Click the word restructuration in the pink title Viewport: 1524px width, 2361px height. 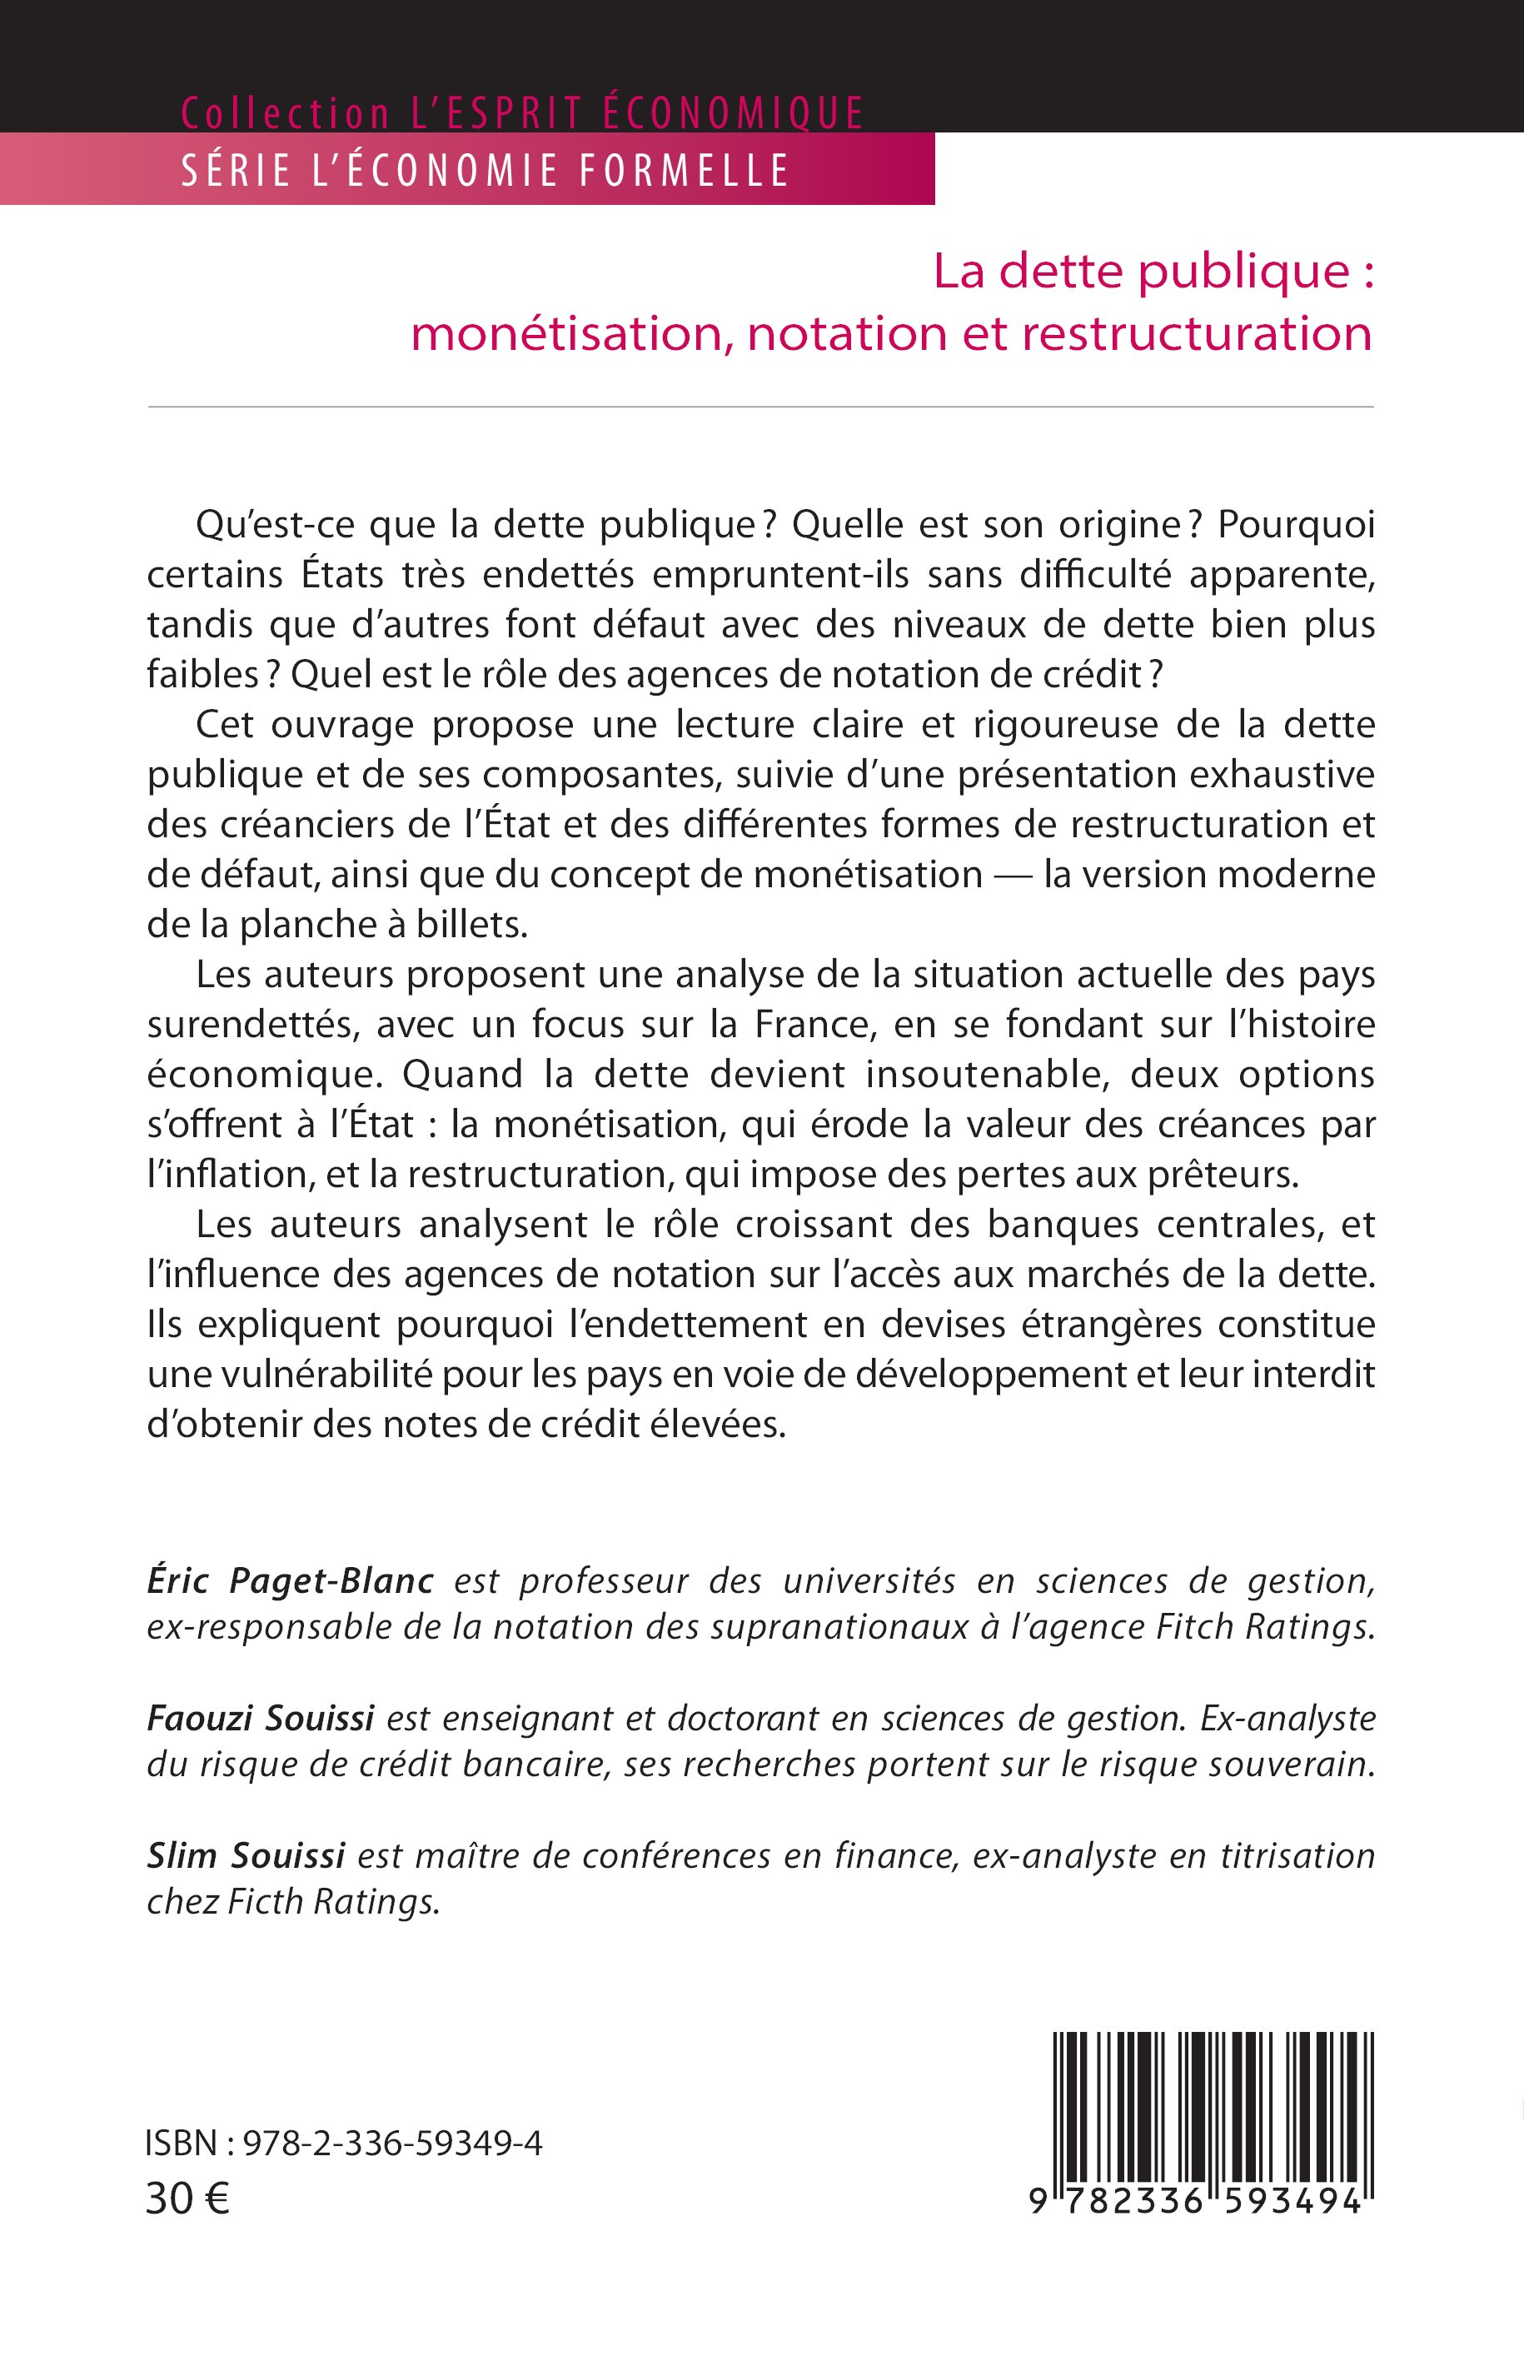click(x=1195, y=335)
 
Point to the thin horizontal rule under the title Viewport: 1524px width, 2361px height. click(x=760, y=407)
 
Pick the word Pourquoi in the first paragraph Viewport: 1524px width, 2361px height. click(x=1296, y=525)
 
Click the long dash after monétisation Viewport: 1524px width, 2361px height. click(x=1013, y=875)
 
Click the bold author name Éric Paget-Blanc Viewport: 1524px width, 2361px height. click(x=290, y=1581)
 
